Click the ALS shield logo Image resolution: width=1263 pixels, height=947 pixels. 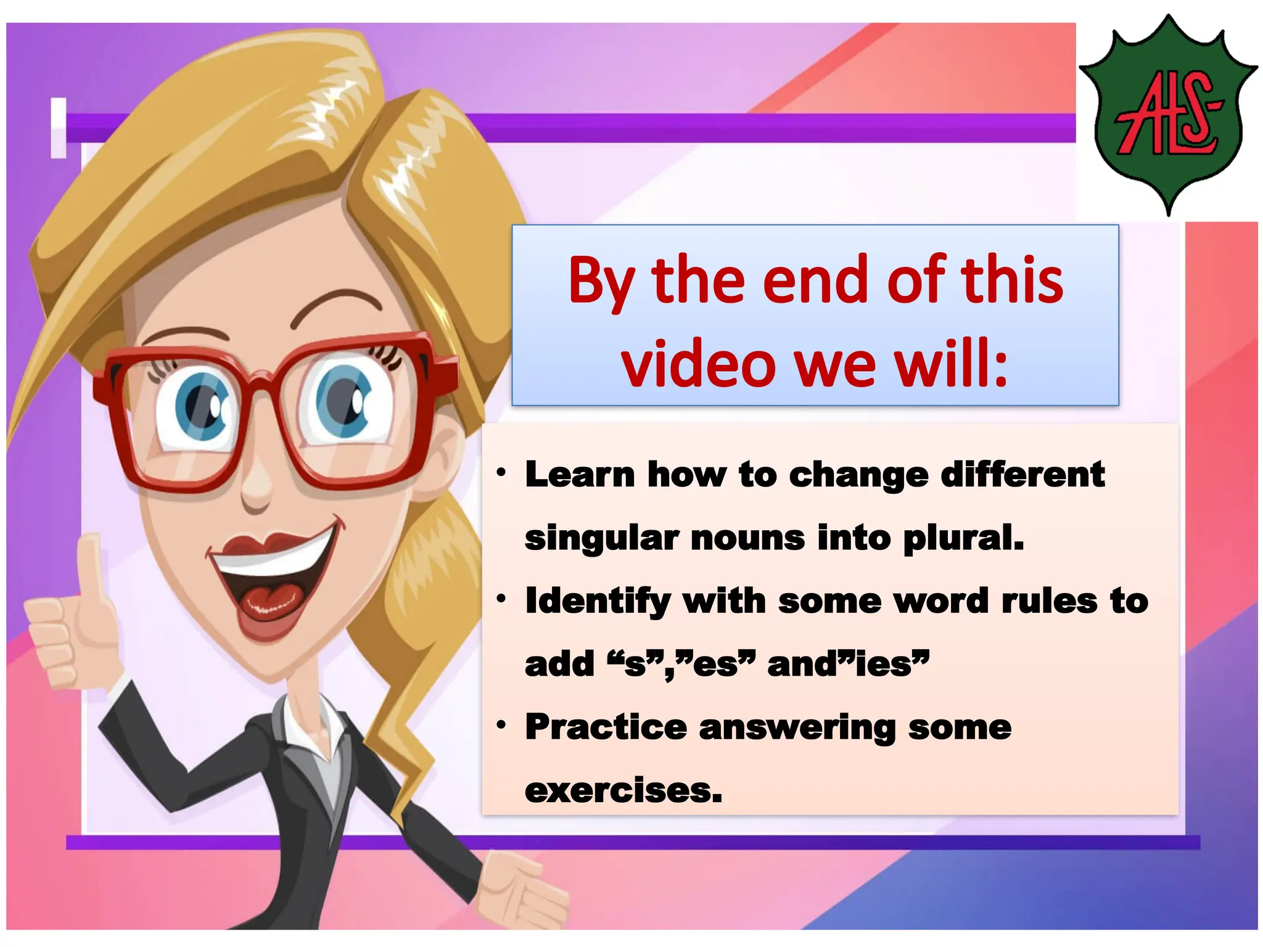[1168, 115]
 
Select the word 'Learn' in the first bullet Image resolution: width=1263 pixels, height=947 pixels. [580, 475]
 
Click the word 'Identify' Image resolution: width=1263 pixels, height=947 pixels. [598, 602]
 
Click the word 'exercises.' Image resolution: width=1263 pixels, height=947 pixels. [623, 790]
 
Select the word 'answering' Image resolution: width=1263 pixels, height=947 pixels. [797, 728]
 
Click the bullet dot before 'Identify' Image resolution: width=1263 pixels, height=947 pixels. [501, 598]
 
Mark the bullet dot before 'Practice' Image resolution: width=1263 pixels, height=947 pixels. [501, 724]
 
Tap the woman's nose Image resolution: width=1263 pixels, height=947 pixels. [256, 487]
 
